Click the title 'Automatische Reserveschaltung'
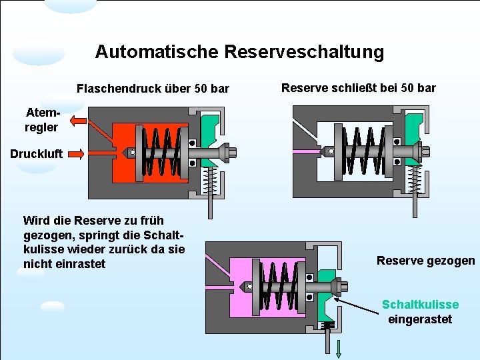click(x=239, y=52)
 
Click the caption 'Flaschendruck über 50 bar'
click(x=153, y=89)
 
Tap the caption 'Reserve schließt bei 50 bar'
click(x=358, y=87)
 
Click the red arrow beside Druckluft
click(x=75, y=155)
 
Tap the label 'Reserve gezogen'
click(x=425, y=261)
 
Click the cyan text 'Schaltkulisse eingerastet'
click(x=420, y=311)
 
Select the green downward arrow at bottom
click(x=339, y=349)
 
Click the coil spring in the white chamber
click(x=365, y=153)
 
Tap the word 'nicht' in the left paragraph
click(x=39, y=264)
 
